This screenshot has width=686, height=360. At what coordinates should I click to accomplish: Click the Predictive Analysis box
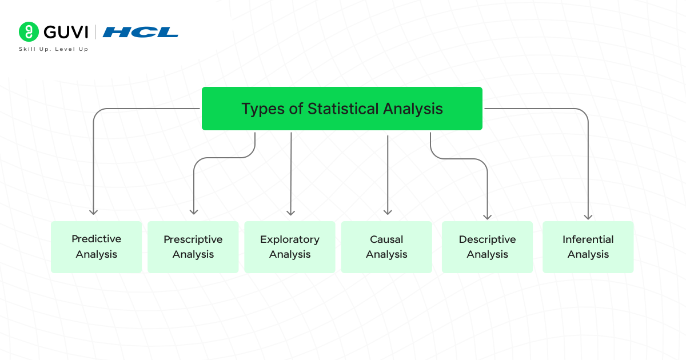click(x=96, y=247)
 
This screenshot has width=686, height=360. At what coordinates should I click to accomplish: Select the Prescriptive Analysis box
click(x=193, y=247)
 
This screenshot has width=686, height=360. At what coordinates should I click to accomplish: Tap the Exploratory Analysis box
click(x=290, y=247)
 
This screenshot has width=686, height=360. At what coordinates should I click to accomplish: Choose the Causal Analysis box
click(x=386, y=247)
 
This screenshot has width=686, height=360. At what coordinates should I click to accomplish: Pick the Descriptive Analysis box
click(x=487, y=247)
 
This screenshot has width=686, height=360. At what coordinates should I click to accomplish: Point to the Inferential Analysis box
click(x=588, y=247)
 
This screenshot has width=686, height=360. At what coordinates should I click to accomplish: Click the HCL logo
click(x=140, y=33)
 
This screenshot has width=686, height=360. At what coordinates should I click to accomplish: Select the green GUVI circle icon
click(x=28, y=32)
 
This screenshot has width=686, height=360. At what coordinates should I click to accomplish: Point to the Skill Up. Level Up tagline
click(x=53, y=49)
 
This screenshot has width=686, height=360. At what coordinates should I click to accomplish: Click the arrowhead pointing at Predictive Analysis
click(x=93, y=211)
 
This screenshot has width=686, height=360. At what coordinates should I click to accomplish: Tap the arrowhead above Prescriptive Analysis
click(x=194, y=211)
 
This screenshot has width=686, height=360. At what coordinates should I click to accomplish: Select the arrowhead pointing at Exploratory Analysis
click(x=290, y=212)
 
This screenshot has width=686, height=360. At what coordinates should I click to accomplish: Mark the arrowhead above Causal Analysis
click(x=388, y=211)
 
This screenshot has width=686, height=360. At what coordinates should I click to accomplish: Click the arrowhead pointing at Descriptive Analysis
click(x=487, y=216)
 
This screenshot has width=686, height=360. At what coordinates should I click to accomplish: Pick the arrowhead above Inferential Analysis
click(x=588, y=216)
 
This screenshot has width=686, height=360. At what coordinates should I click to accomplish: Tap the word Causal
click(x=386, y=239)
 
